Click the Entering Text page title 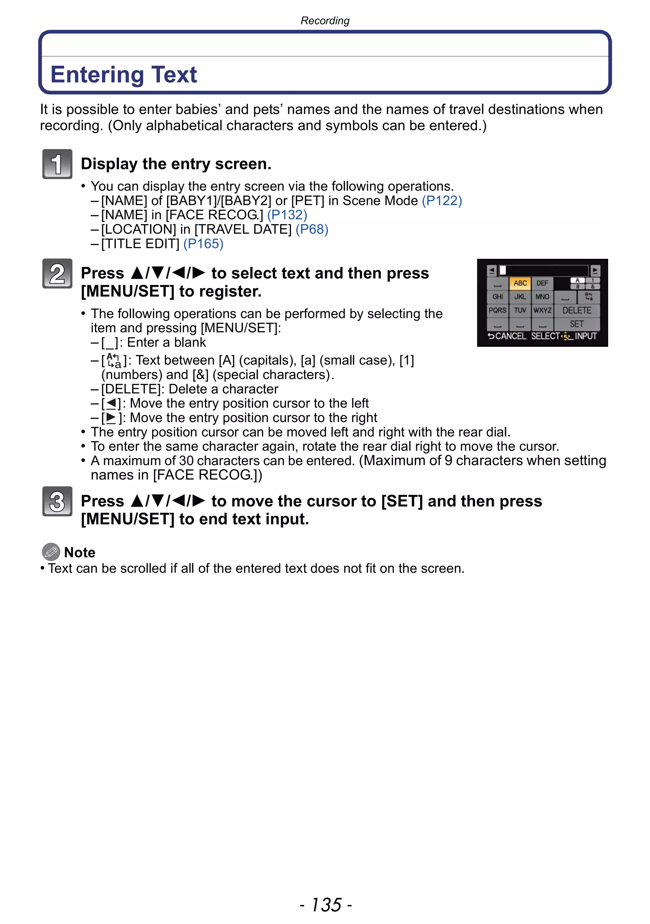(124, 75)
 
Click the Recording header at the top (325, 21)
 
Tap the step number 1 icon (57, 164)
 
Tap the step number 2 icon (57, 274)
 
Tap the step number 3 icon (57, 501)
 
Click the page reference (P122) (442, 200)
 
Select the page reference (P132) (287, 215)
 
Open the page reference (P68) (312, 229)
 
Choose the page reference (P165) (203, 244)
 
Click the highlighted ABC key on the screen (520, 283)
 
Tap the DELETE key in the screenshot (577, 310)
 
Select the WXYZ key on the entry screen (542, 310)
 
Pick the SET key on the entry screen (577, 324)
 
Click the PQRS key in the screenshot (497, 310)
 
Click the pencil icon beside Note (51, 552)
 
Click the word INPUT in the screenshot (586, 336)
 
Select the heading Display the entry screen (176, 164)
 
